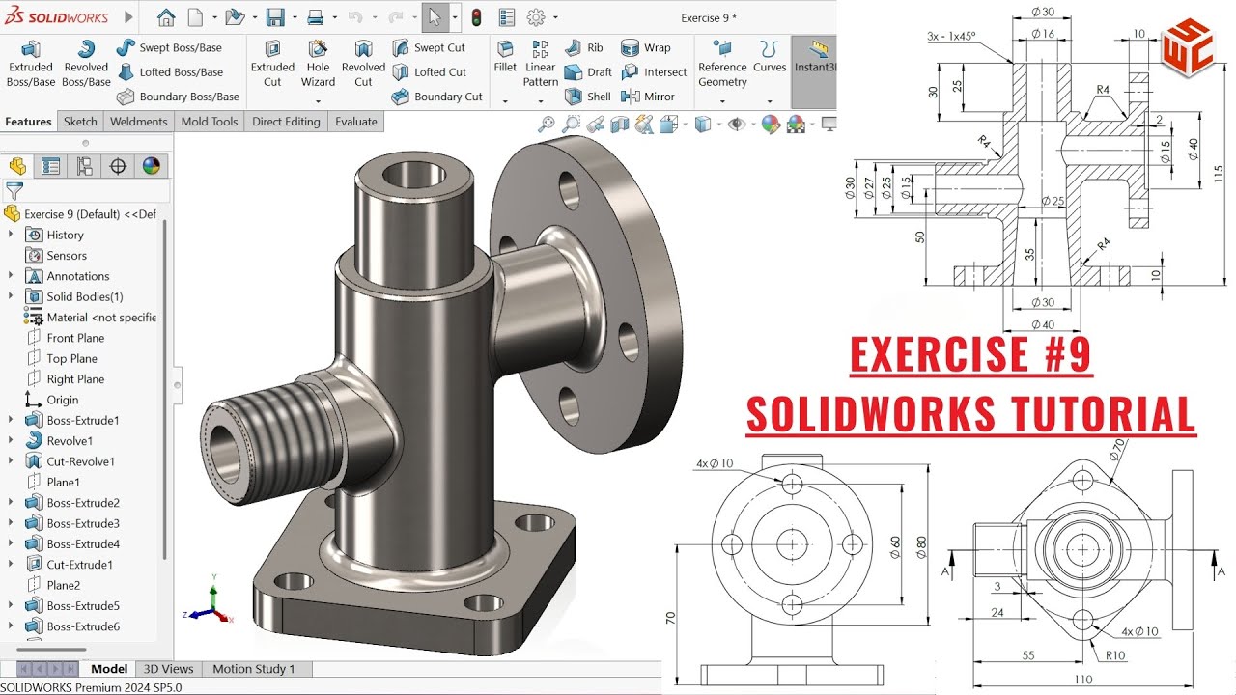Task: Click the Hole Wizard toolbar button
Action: (318, 64)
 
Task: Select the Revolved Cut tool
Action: (363, 64)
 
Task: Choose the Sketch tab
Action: (80, 122)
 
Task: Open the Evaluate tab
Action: (356, 122)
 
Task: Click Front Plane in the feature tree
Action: (75, 338)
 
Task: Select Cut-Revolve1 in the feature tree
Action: (80, 461)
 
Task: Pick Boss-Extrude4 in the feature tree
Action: (83, 543)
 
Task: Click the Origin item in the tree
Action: (63, 400)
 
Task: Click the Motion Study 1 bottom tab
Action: (254, 669)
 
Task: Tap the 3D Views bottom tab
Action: (169, 669)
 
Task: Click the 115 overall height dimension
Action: (1219, 174)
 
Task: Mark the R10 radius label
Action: (1116, 656)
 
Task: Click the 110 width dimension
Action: (1083, 680)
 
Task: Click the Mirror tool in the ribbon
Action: (649, 97)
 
